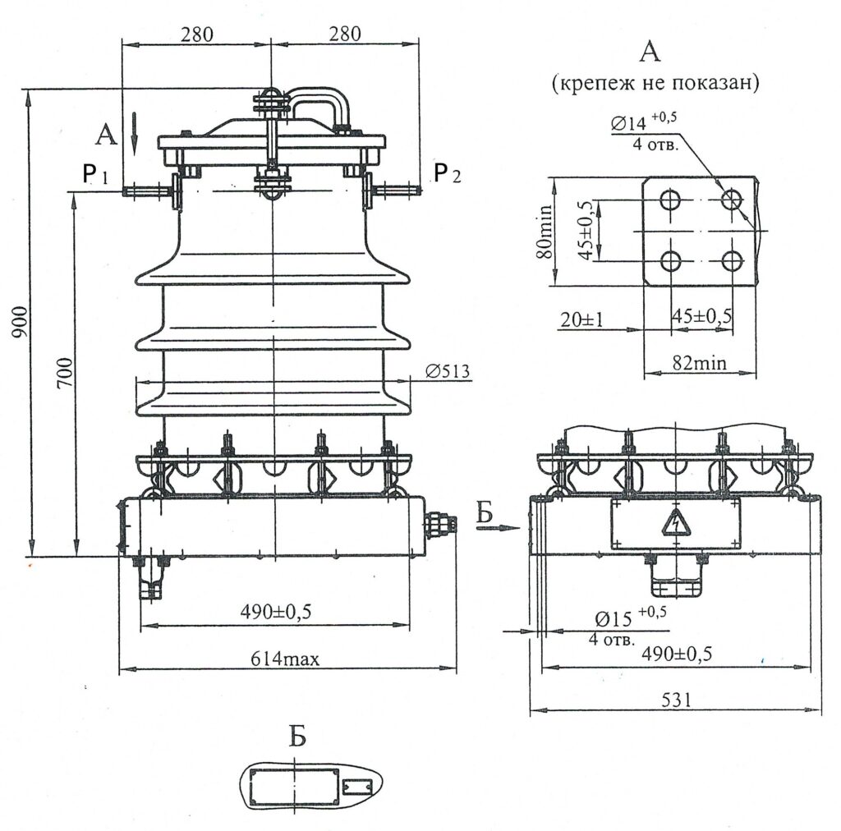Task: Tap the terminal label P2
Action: pyautogui.click(x=448, y=173)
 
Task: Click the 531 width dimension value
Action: pyautogui.click(x=674, y=699)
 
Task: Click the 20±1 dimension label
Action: pyautogui.click(x=581, y=319)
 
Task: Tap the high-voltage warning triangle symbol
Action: pyautogui.click(x=675, y=524)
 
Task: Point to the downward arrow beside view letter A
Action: pyautogui.click(x=135, y=135)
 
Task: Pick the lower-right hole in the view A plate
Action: pyautogui.click(x=731, y=261)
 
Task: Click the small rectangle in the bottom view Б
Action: pyautogui.click(x=356, y=787)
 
